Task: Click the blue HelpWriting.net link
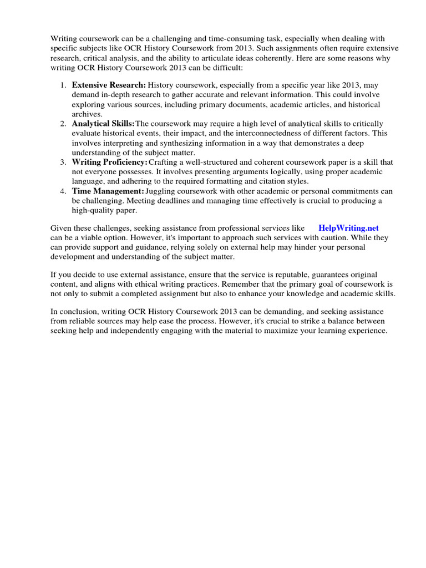[x=348, y=228]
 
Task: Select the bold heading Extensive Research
[x=109, y=85]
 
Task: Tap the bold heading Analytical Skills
[x=103, y=123]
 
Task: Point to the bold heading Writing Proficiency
[x=109, y=162]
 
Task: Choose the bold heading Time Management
[x=108, y=191]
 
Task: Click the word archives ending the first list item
[x=87, y=114]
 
